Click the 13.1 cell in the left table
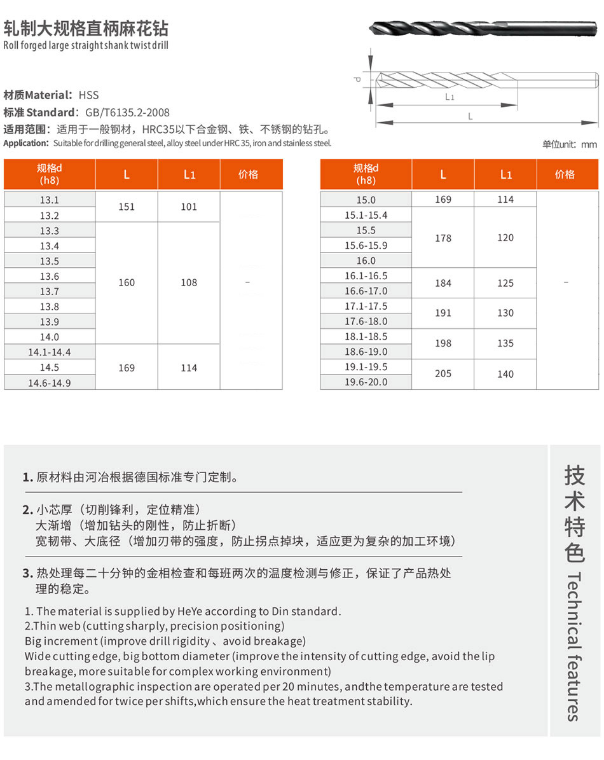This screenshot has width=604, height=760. point(50,200)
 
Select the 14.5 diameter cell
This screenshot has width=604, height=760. point(50,368)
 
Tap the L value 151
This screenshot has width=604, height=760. point(127,207)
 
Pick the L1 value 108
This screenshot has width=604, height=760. point(189,282)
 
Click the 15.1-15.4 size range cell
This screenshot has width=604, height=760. point(366,215)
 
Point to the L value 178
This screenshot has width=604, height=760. point(443,238)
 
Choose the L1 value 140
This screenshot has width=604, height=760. point(505,374)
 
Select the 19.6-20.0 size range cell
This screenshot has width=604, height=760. point(366,382)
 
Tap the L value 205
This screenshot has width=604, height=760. point(443,374)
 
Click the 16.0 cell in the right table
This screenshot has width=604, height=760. point(366,261)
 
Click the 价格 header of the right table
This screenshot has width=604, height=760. point(565,174)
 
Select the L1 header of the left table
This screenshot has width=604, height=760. point(189,174)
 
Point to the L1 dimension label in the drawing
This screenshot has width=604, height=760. point(450,97)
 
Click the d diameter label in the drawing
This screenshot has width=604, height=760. point(357,79)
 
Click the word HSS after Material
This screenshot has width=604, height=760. point(89,95)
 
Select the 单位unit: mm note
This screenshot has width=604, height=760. point(569,144)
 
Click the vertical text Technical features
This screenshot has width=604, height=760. point(573,646)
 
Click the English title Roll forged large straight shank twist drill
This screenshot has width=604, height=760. point(86,46)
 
